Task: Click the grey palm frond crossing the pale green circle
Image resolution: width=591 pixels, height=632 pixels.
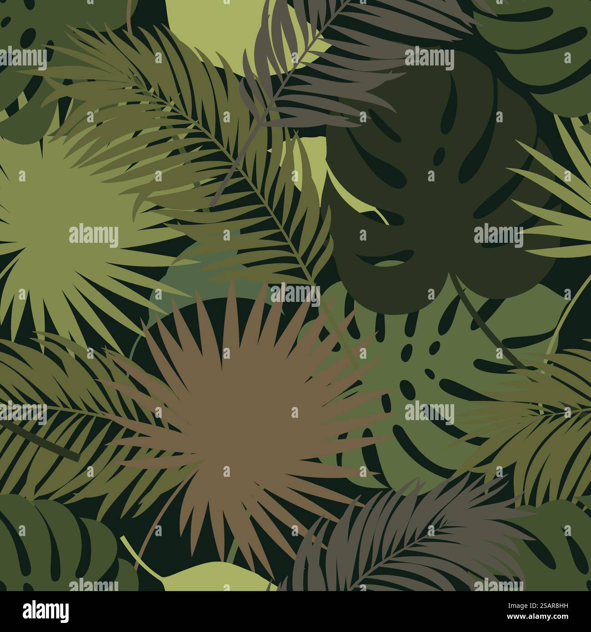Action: click(x=291, y=77)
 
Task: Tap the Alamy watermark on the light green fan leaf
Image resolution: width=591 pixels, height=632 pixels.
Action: click(x=93, y=236)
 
